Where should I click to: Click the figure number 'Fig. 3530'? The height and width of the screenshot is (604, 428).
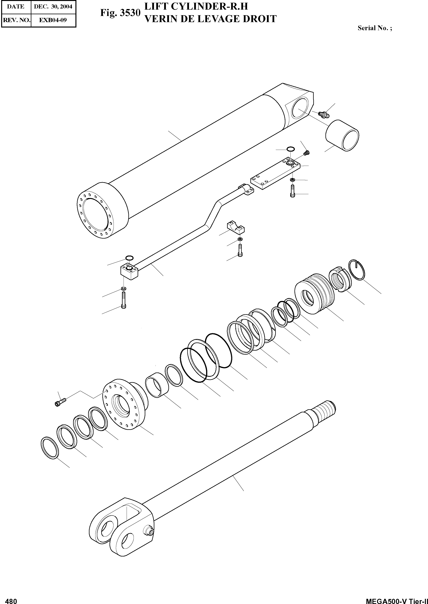coord(120,13)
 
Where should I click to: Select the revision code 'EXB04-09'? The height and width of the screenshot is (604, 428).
coord(53,20)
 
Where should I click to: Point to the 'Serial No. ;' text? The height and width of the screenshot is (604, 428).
coord(374,28)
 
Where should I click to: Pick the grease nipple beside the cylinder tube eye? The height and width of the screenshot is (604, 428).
coord(322,114)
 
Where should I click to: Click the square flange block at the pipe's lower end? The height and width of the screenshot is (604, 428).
coord(129,271)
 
